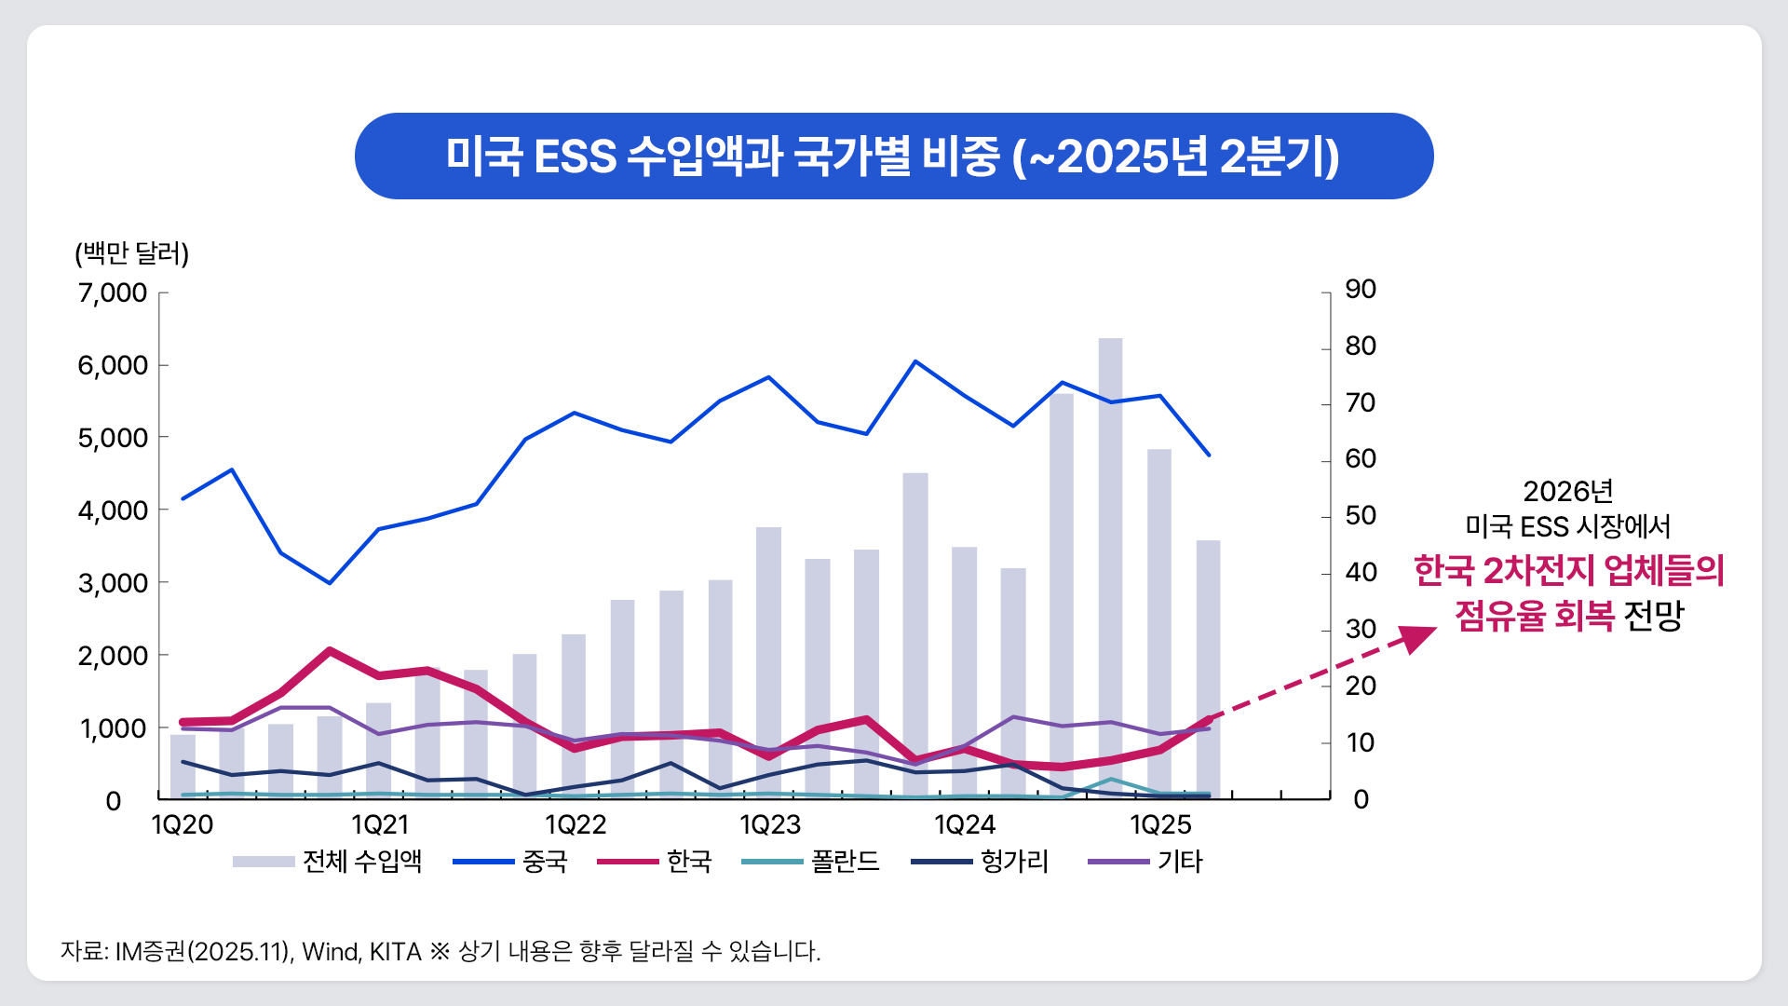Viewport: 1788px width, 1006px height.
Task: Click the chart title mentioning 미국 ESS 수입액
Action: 892,156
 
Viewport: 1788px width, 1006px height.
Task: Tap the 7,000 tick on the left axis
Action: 113,292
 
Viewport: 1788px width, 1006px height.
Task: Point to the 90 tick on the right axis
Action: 1361,289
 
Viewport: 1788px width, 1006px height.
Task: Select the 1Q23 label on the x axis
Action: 770,824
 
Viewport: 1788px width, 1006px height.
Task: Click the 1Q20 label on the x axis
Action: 183,824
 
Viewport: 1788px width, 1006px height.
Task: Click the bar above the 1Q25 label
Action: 1159,624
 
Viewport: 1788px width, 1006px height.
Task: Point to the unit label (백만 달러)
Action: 132,253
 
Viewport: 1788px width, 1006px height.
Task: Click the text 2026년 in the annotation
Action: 1567,491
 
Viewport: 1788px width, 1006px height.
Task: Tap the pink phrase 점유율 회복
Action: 1534,616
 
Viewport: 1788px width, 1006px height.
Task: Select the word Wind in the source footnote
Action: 330,952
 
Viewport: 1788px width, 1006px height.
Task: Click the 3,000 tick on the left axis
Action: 113,583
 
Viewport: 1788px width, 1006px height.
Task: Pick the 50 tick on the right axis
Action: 1361,515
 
